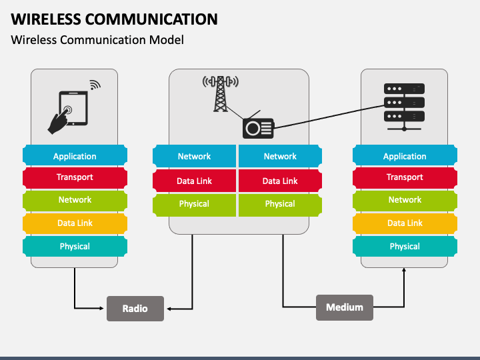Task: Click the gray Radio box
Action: click(x=135, y=308)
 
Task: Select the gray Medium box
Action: click(x=345, y=307)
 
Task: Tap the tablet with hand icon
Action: click(x=68, y=113)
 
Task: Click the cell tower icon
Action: click(x=221, y=94)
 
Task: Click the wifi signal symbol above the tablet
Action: click(x=95, y=85)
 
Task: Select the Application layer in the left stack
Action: click(x=75, y=156)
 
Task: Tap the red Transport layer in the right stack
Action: click(x=405, y=177)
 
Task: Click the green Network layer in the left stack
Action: click(x=75, y=200)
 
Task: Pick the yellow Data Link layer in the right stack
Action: click(x=405, y=223)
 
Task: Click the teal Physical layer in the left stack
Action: click(x=75, y=246)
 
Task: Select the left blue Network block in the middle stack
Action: click(x=195, y=156)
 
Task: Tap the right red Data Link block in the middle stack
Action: click(x=280, y=181)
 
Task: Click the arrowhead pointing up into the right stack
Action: click(x=404, y=270)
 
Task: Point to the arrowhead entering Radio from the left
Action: click(x=101, y=308)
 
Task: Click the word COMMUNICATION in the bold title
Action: click(x=151, y=19)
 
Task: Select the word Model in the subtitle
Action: click(x=166, y=40)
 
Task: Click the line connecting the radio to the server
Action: click(x=329, y=117)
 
